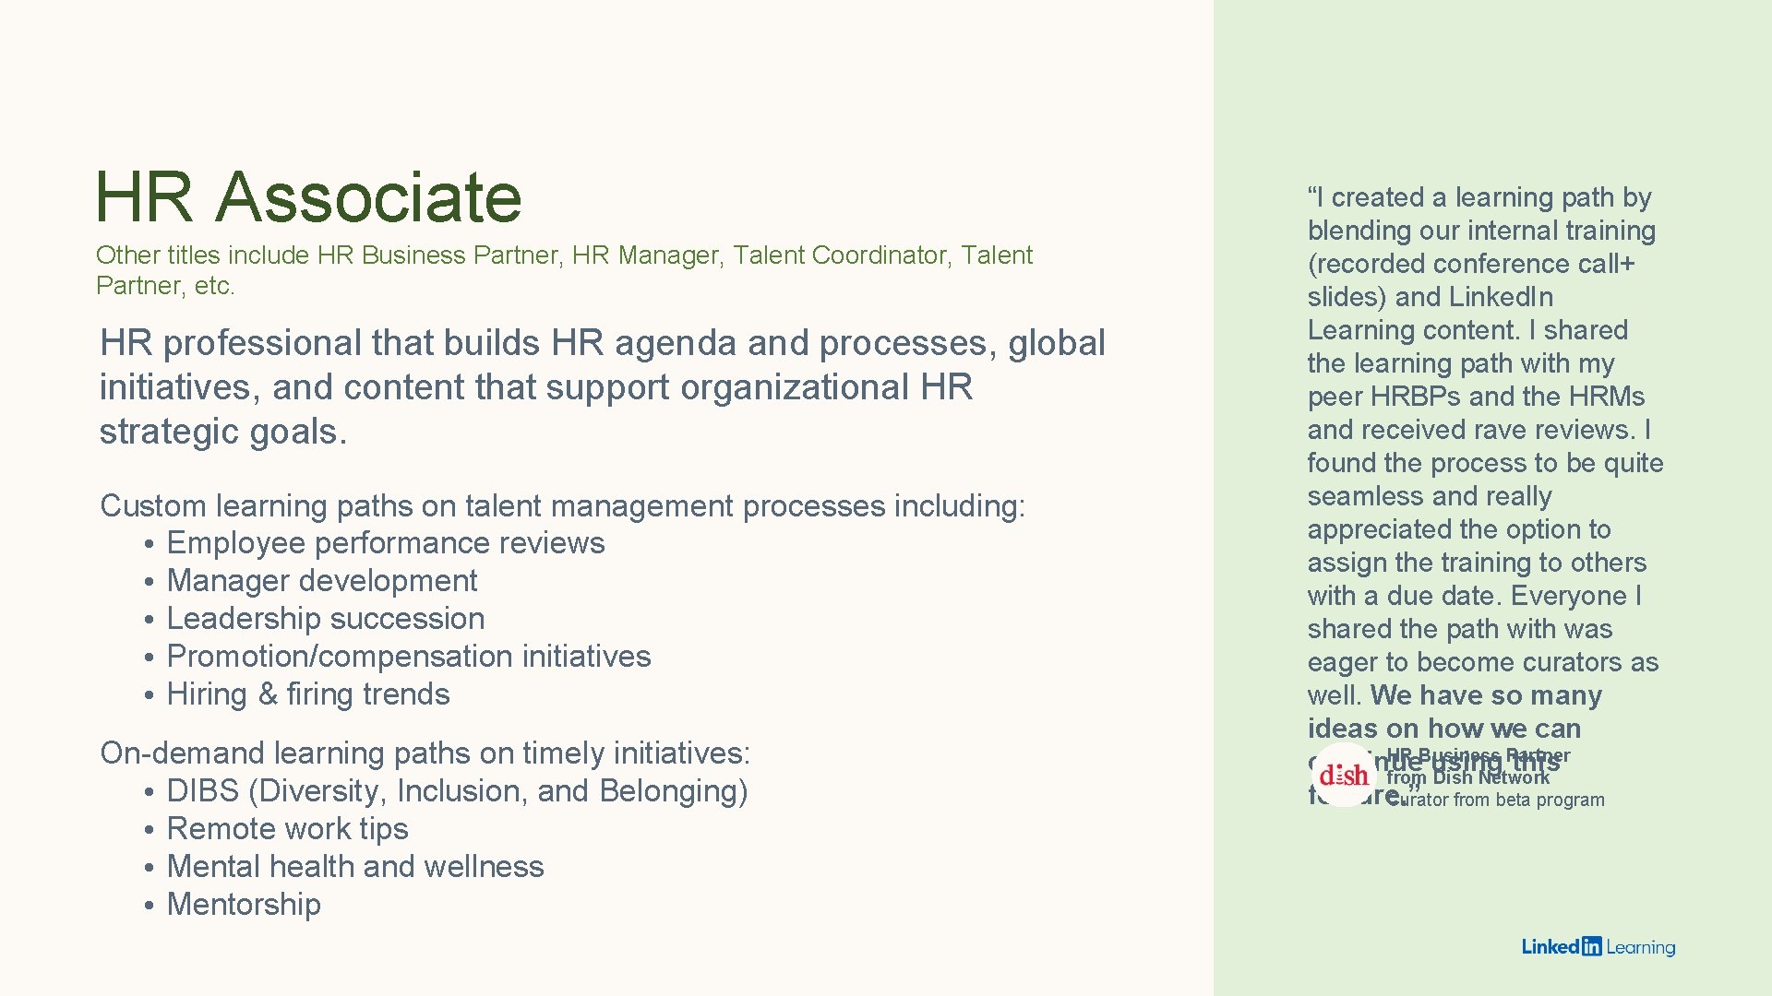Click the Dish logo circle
[x=1344, y=776]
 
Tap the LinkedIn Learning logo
[x=1598, y=947]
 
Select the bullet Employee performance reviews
[x=385, y=543]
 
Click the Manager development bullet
[x=321, y=581]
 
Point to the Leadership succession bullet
[x=325, y=619]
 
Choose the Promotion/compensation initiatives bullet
[x=408, y=657]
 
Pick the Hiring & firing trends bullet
[x=307, y=694]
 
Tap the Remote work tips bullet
[x=287, y=829]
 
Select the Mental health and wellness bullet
[x=354, y=867]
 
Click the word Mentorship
[x=244, y=905]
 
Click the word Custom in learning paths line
[x=153, y=506]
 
